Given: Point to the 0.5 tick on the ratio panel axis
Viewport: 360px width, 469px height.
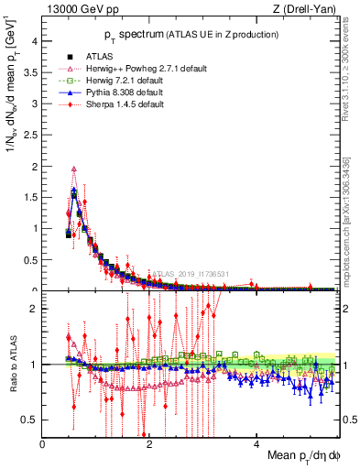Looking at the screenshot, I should (x=29, y=420).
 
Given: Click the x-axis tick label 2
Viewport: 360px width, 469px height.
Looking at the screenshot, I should (x=149, y=443).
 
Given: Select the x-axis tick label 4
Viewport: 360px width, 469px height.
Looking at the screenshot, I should (x=256, y=443).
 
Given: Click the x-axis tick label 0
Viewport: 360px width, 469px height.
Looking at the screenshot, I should (x=42, y=443).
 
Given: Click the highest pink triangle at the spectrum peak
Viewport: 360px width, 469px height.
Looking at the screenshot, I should (x=74, y=169).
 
